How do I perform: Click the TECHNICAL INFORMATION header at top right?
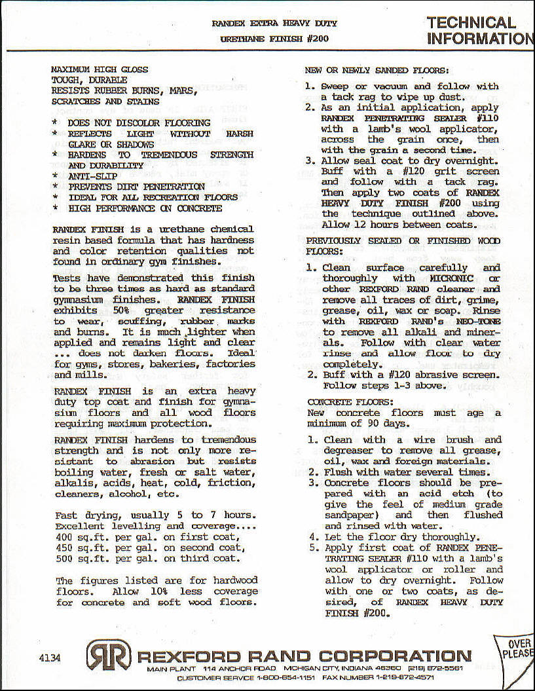coord(480,31)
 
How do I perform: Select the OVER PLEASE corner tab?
coord(517,648)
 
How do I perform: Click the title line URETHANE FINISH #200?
coord(274,39)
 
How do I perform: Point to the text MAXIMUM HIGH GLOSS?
coord(100,69)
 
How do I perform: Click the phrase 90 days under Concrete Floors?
coord(366,423)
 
